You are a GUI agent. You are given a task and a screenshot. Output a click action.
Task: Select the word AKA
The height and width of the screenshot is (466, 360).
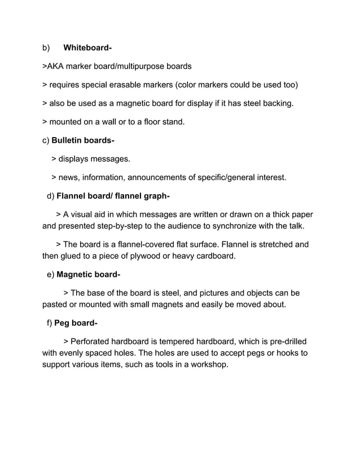pyautogui.click(x=55, y=66)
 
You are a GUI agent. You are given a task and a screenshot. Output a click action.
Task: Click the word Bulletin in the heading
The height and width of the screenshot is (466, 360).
pyautogui.click(x=68, y=140)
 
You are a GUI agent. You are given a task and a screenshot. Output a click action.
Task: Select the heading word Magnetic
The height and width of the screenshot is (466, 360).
pyautogui.click(x=76, y=275)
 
